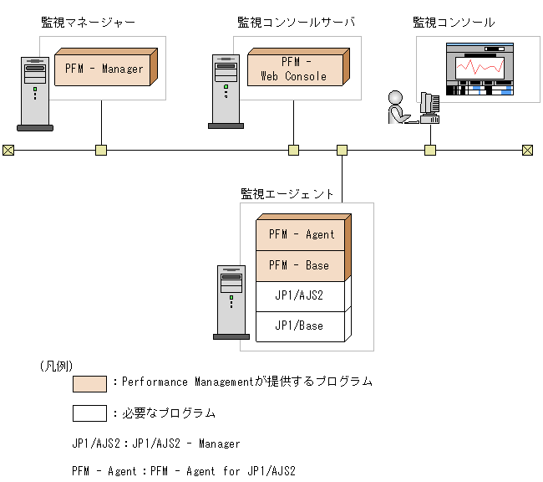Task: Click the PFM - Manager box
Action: tap(104, 69)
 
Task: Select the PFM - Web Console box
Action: tap(297, 69)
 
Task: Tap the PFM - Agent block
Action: tap(302, 235)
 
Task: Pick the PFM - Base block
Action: tap(302, 265)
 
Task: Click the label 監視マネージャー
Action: tap(88, 22)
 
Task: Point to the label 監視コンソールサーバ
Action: tap(296, 22)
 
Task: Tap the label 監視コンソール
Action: tap(454, 22)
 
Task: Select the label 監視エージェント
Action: tap(287, 193)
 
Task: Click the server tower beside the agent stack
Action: tap(231, 301)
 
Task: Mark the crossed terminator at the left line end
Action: tap(8, 151)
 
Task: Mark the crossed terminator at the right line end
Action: tap(527, 151)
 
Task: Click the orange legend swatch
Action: tap(89, 383)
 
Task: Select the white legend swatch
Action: tap(89, 413)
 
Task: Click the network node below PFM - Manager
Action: tap(101, 151)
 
